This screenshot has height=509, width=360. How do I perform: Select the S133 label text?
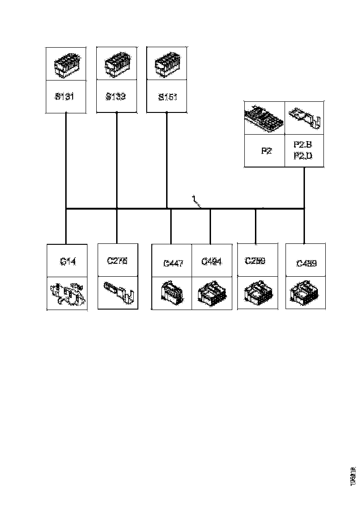pos(115,97)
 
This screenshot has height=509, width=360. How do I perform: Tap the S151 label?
pos(167,97)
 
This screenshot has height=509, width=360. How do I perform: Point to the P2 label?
pos(266,151)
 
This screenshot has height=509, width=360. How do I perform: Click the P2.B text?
pos(303,145)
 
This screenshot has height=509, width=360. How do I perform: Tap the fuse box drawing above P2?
pos(263,118)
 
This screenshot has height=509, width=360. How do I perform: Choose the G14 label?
pos(68,261)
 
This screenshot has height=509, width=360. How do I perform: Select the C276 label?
pos(117,261)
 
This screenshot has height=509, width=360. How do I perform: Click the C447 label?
pos(174,263)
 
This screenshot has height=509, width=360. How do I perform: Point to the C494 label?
pos(211,262)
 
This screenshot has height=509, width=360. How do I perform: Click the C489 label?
pos(306,263)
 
